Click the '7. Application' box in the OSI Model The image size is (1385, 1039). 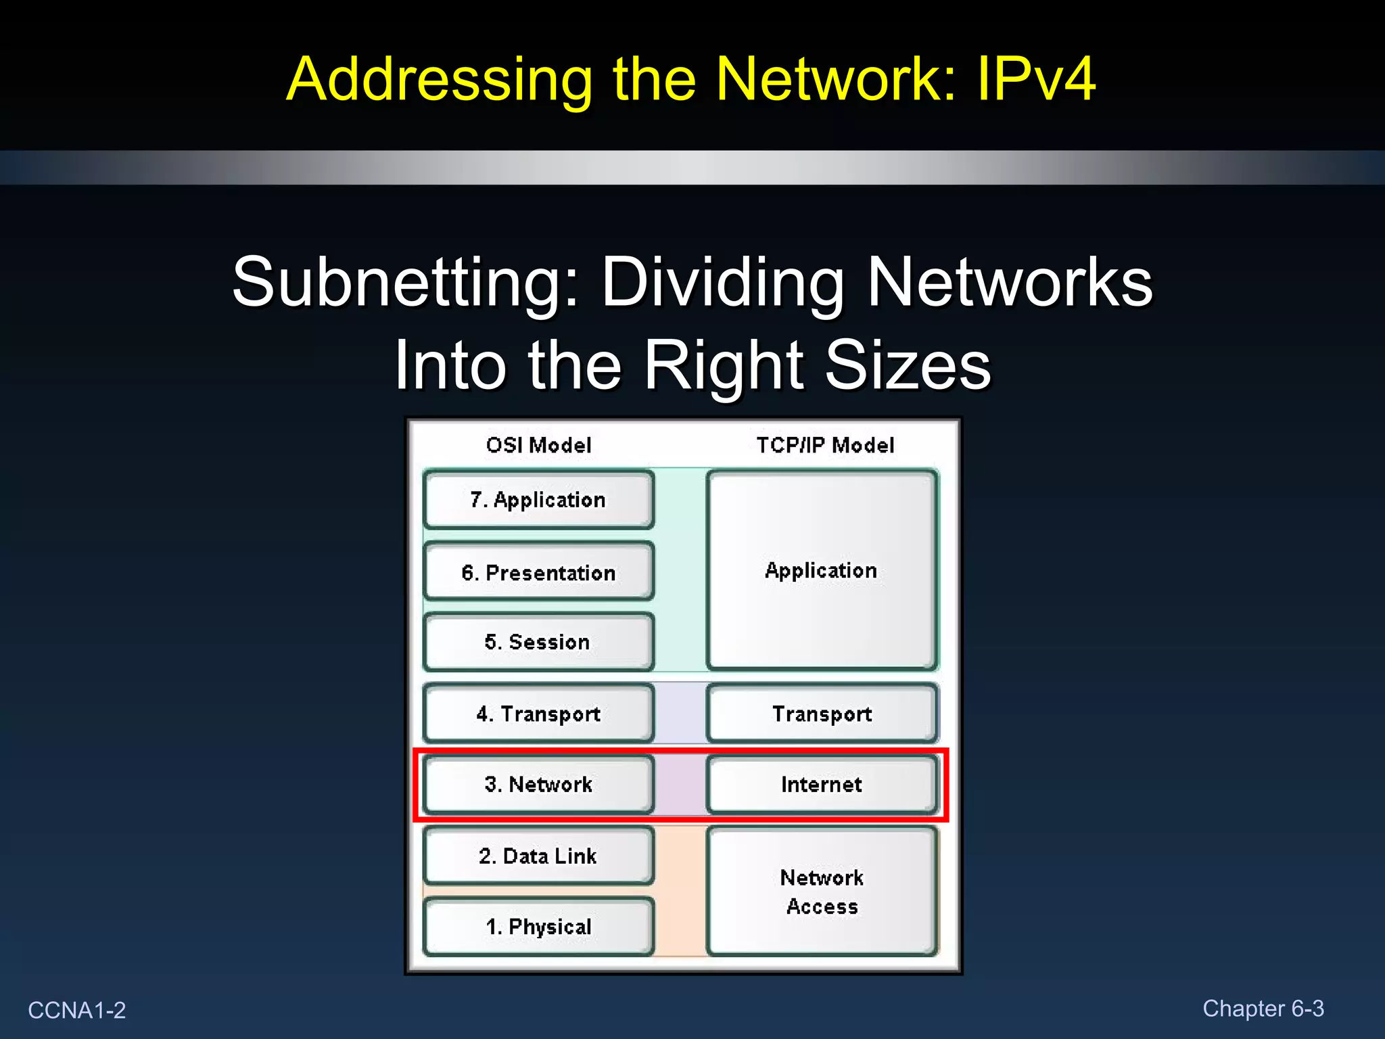coord(538,500)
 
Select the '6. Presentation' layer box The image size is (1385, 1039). coord(538,572)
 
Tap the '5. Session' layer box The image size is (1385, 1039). coord(538,641)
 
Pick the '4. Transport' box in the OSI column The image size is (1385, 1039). coord(538,714)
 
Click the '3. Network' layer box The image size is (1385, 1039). coord(538,784)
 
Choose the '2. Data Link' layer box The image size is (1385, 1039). coord(538,856)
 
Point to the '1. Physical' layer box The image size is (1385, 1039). coord(538,926)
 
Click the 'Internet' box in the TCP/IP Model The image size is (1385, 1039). coord(822,784)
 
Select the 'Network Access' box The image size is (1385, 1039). coord(822,892)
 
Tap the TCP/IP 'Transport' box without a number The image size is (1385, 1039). coord(822,714)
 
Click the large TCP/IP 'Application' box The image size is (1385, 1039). coord(822,570)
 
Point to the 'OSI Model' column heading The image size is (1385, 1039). coord(538,445)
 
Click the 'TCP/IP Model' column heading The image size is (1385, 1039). coord(825,445)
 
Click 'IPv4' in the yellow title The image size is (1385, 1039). coord(1035,79)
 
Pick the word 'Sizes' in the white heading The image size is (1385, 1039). coord(908,365)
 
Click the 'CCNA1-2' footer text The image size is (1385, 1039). coord(77,1010)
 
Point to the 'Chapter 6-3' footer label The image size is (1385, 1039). coord(1263,1009)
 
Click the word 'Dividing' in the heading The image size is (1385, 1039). coord(722,283)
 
